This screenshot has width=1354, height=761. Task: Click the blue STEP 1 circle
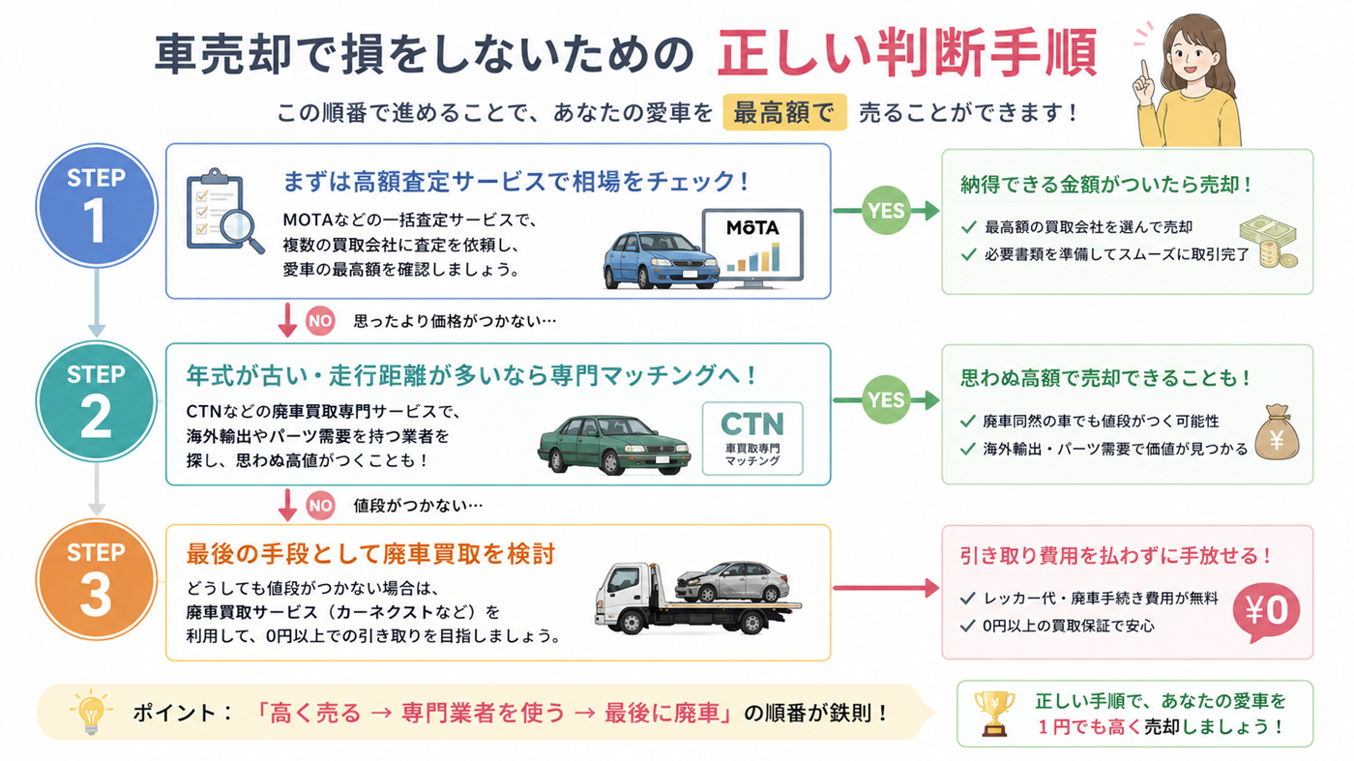tap(97, 206)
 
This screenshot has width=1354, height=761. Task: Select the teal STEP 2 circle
tap(97, 401)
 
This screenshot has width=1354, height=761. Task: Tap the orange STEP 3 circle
tap(97, 579)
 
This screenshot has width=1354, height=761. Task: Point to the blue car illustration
tap(661, 260)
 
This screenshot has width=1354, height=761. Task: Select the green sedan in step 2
tap(613, 444)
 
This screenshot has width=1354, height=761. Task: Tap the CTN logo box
tap(752, 438)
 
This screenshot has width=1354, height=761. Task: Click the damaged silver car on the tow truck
tap(732, 581)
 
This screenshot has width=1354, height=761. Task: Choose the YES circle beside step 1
tap(886, 211)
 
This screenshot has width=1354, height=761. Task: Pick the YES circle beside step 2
tap(886, 399)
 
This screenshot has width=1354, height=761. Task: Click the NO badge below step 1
tap(320, 320)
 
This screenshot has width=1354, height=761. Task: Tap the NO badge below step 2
tap(320, 506)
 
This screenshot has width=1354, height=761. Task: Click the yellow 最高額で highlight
tap(784, 112)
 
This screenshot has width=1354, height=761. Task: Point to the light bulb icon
tap(91, 712)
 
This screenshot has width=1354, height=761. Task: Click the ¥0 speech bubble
tap(1266, 612)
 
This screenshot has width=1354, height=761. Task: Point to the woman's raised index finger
tap(1144, 71)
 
